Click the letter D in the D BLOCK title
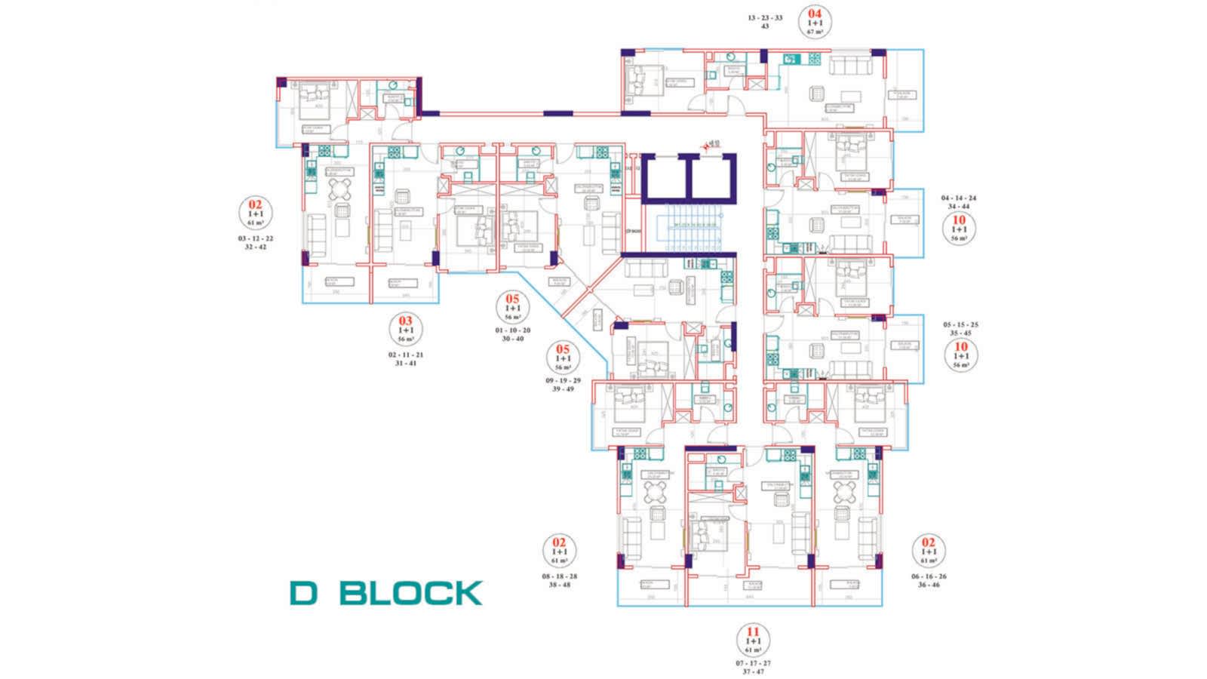pyautogui.click(x=305, y=593)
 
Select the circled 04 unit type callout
pyautogui.click(x=815, y=22)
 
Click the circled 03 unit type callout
pyautogui.click(x=406, y=329)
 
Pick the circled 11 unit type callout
pyautogui.click(x=752, y=641)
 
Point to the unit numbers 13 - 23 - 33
pyautogui.click(x=765, y=17)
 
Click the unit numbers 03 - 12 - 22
pyautogui.click(x=255, y=238)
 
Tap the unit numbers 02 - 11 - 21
pyautogui.click(x=406, y=355)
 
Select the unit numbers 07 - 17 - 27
pyautogui.click(x=753, y=663)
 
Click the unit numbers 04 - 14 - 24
pyautogui.click(x=959, y=198)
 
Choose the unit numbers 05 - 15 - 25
pyautogui.click(x=960, y=324)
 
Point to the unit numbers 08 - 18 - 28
pyautogui.click(x=559, y=576)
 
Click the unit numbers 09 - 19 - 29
pyautogui.click(x=563, y=380)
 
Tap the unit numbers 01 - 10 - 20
pyautogui.click(x=513, y=330)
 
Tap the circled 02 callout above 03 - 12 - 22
pyautogui.click(x=255, y=212)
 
